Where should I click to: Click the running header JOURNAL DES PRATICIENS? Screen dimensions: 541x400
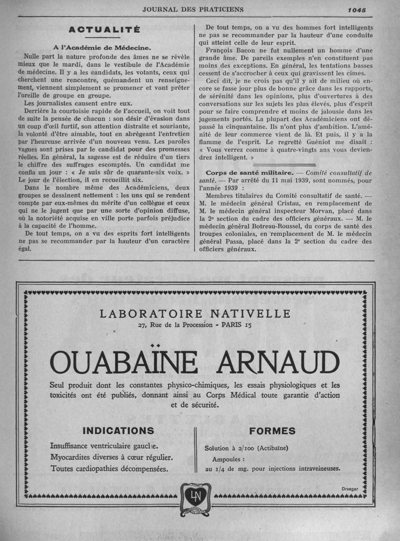click(x=192, y=8)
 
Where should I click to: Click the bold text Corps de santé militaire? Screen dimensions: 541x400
click(x=242, y=172)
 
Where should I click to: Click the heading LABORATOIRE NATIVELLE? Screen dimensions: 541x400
click(x=195, y=314)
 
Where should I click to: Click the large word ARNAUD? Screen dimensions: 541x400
click(x=277, y=362)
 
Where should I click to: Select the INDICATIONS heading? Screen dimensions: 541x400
click(x=118, y=430)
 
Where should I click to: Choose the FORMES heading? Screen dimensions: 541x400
click(x=272, y=431)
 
